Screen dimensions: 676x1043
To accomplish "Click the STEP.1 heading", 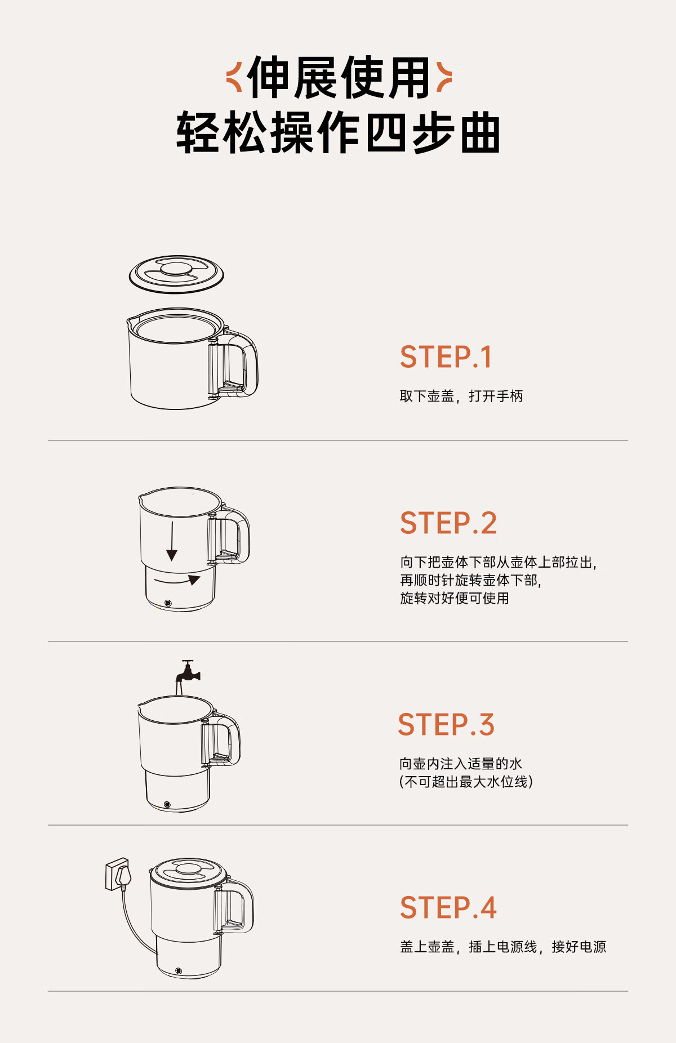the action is tap(446, 357).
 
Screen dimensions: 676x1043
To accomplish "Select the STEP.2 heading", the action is tap(448, 523).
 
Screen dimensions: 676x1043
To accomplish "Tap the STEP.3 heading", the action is tap(446, 724).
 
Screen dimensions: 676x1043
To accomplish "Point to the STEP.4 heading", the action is tap(448, 908).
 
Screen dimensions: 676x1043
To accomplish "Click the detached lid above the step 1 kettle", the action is tap(176, 274).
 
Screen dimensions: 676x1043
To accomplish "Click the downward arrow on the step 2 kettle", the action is tap(172, 541).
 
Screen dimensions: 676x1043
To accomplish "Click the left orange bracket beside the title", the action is tap(234, 77).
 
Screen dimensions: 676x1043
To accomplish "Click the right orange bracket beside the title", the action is tap(444, 77).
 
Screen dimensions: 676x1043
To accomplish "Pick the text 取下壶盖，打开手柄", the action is tap(461, 396).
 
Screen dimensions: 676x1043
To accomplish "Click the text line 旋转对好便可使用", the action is tap(455, 598).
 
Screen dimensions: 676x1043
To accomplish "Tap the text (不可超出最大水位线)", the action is tap(466, 782).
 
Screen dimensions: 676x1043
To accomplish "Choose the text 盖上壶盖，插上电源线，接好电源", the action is tap(503, 947).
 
